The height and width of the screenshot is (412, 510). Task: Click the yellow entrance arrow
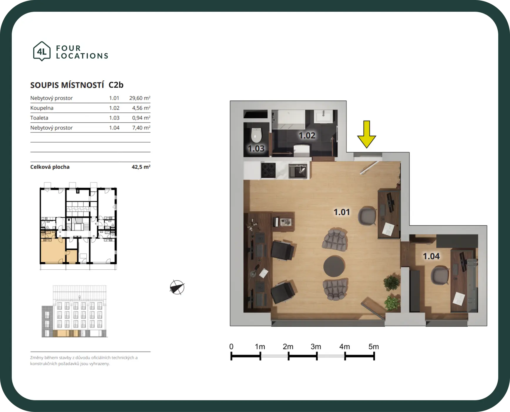(x=367, y=134)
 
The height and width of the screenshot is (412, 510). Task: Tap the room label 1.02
(x=307, y=135)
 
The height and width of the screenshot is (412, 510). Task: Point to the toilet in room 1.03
(x=256, y=135)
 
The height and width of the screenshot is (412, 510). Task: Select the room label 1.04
(x=431, y=256)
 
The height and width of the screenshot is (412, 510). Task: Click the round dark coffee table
(x=334, y=266)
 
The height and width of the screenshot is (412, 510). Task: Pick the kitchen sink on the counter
(x=298, y=171)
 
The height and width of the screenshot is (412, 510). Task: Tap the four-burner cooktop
(x=268, y=170)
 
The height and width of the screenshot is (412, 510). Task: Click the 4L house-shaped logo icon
(x=42, y=51)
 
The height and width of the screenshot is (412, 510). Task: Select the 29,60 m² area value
(x=140, y=98)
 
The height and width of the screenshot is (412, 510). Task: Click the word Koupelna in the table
(x=42, y=108)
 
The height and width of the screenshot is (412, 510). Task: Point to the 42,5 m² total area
(x=141, y=167)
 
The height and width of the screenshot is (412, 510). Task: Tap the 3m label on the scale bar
(x=316, y=347)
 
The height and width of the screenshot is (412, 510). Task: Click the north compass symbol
(x=177, y=287)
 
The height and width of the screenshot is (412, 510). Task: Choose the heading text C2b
(x=116, y=85)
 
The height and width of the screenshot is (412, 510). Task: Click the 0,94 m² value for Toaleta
(x=141, y=118)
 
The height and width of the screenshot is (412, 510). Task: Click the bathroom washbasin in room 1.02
(x=323, y=116)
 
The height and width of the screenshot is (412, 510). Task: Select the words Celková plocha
(x=50, y=167)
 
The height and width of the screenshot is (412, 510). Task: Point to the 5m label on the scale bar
(x=374, y=347)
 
